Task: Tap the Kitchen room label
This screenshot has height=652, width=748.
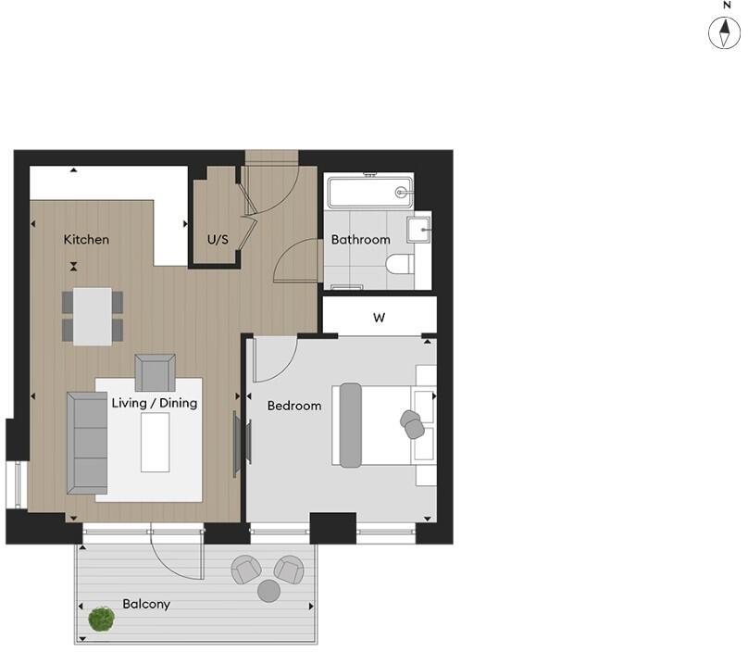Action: coord(86,240)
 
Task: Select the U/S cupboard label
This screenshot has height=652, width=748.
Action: coord(218,240)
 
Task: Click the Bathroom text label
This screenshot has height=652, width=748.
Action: coord(361,240)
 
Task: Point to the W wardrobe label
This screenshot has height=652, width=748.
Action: coord(379,318)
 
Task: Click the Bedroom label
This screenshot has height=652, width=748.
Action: coord(294,406)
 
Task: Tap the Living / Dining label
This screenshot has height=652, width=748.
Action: coord(155,403)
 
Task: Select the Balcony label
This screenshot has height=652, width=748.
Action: coord(146,604)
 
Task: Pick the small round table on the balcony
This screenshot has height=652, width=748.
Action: coord(268,590)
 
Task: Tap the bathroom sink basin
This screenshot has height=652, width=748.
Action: coord(419,228)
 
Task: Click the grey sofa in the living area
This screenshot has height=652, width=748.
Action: coord(87,443)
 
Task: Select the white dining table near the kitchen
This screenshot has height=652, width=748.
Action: coord(93,316)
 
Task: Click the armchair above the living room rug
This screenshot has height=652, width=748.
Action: coord(155,372)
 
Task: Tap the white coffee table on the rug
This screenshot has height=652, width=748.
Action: coord(155,443)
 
